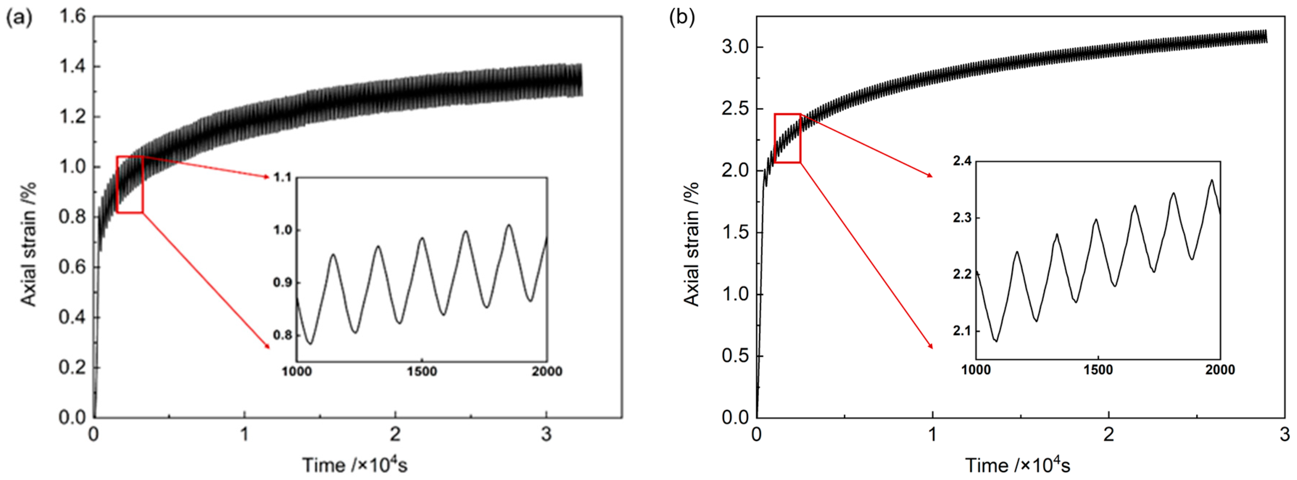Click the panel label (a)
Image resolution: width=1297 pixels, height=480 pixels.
(x=19, y=18)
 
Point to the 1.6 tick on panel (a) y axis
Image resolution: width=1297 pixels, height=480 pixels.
(x=73, y=17)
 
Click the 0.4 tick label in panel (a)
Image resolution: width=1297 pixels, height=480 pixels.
(x=73, y=317)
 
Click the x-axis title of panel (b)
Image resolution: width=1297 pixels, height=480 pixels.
(x=1018, y=464)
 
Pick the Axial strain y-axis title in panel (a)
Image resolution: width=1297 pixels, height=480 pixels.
(x=28, y=244)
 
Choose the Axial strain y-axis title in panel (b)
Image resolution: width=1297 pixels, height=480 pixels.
(x=691, y=244)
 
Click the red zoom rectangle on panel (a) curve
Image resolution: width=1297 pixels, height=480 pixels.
(x=130, y=184)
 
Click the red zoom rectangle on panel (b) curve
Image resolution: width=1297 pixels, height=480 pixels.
(x=787, y=138)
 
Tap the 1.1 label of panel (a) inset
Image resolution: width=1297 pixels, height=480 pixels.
(x=282, y=177)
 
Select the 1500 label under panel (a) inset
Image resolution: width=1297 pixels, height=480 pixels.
(x=422, y=372)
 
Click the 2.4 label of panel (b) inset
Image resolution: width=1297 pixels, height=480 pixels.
(x=962, y=161)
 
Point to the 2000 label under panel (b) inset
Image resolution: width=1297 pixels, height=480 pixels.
(x=1220, y=370)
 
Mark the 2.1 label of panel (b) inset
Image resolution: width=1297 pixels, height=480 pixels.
(x=962, y=331)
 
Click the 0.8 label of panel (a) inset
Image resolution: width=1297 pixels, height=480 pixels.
(x=282, y=335)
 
